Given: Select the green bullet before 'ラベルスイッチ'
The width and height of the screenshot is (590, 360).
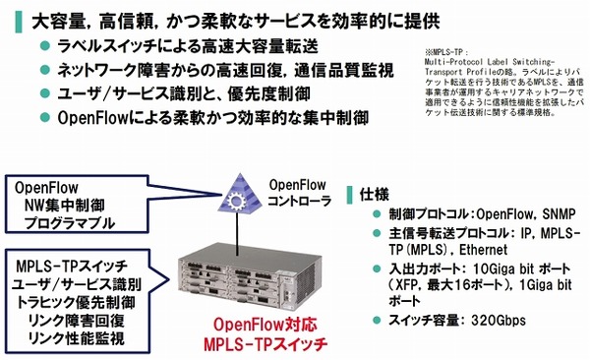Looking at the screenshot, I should coord(43,47).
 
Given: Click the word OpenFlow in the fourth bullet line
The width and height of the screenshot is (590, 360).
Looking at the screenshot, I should coord(98,118).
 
